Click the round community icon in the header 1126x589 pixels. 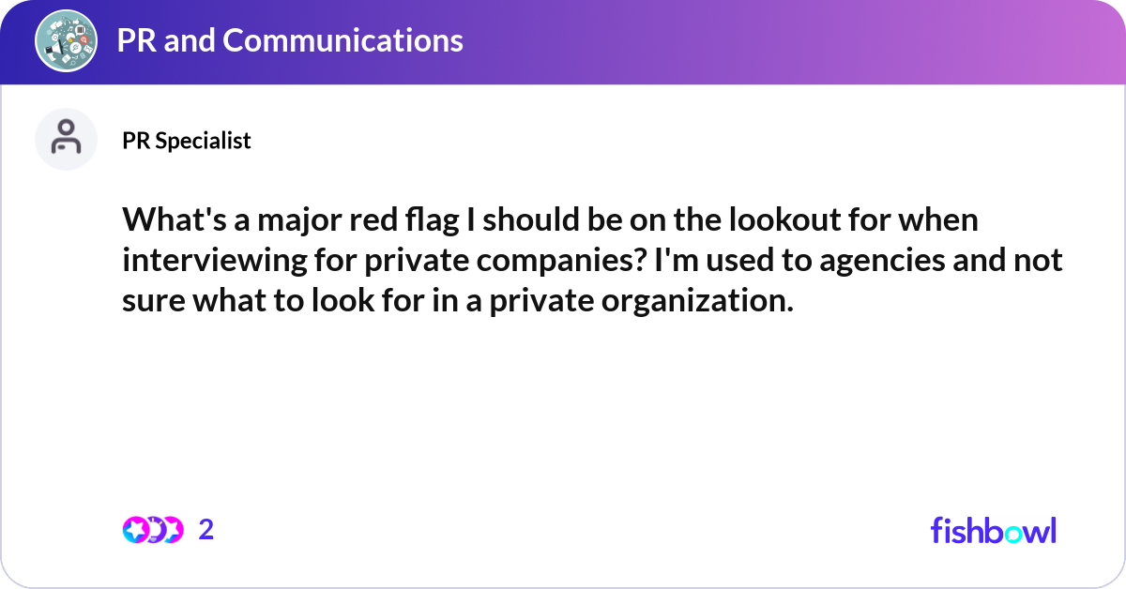(x=67, y=40)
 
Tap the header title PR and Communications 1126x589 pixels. (x=290, y=40)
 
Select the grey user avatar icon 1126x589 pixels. (x=67, y=139)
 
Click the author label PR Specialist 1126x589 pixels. (x=187, y=141)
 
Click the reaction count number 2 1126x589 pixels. (x=206, y=530)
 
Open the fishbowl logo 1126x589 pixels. (x=993, y=530)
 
